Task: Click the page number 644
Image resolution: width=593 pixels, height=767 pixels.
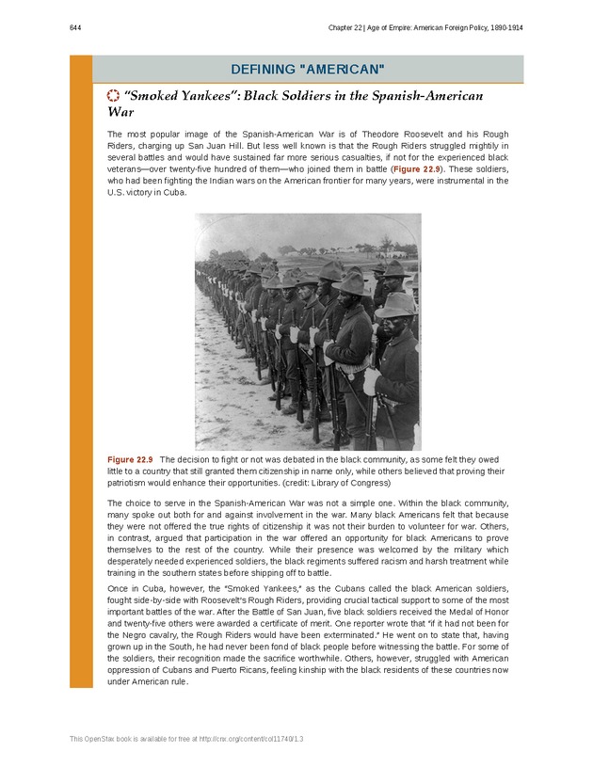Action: pos(75,28)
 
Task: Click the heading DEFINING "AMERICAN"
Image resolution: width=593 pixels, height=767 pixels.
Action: pos(308,70)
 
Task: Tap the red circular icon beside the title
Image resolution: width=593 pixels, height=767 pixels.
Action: pos(113,96)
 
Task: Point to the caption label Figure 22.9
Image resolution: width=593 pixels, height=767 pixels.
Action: pos(131,458)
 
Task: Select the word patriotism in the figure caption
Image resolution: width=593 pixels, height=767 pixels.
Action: pos(131,482)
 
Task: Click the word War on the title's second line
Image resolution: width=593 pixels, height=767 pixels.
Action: pos(120,112)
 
